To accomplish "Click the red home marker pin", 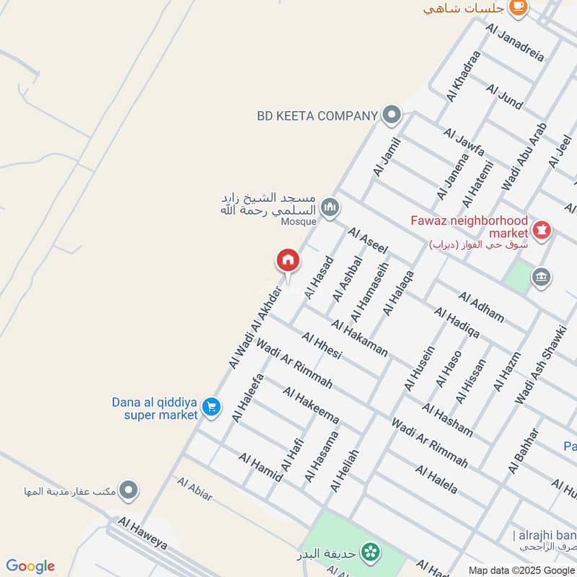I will coord(287,260).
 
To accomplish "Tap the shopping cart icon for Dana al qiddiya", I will coord(211,408).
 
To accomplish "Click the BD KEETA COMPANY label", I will coord(317,115).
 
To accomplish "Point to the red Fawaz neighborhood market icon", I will coord(542,231).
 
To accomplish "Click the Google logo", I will coord(30,566).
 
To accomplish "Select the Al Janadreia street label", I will coord(515,43).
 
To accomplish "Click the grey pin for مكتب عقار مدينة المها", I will coord(129,491).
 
